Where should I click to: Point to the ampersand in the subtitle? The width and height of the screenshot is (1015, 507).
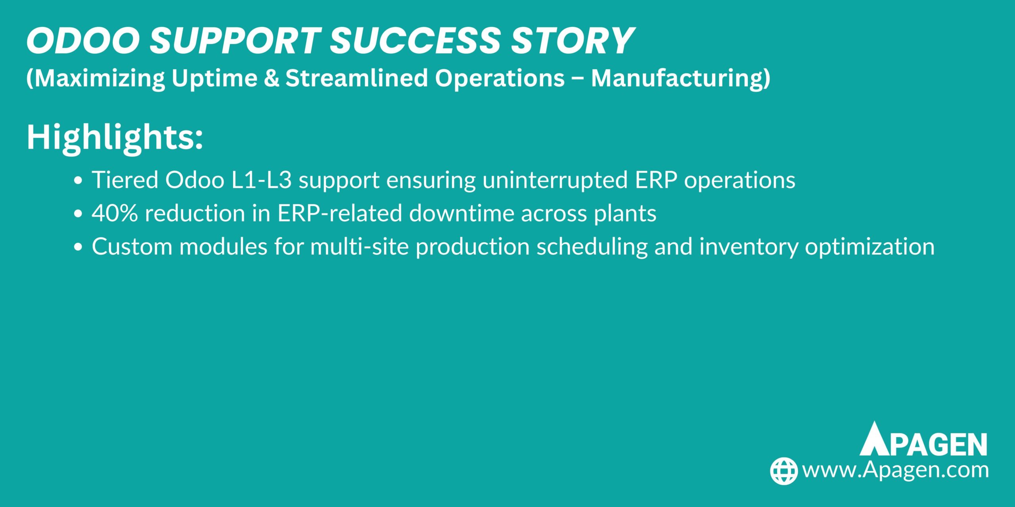click(271, 78)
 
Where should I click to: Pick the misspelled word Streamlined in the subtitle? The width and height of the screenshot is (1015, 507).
click(356, 78)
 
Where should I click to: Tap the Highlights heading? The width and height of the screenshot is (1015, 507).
click(115, 138)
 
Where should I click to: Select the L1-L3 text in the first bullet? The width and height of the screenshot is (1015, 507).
click(261, 180)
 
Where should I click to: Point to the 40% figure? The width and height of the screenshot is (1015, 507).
click(115, 213)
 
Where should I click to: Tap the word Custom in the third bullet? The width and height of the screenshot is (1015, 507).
click(132, 247)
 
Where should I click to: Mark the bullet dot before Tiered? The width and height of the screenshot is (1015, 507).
click(78, 181)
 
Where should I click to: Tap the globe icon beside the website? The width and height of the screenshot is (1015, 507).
click(784, 471)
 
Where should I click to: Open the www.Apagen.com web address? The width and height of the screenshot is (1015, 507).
click(895, 470)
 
